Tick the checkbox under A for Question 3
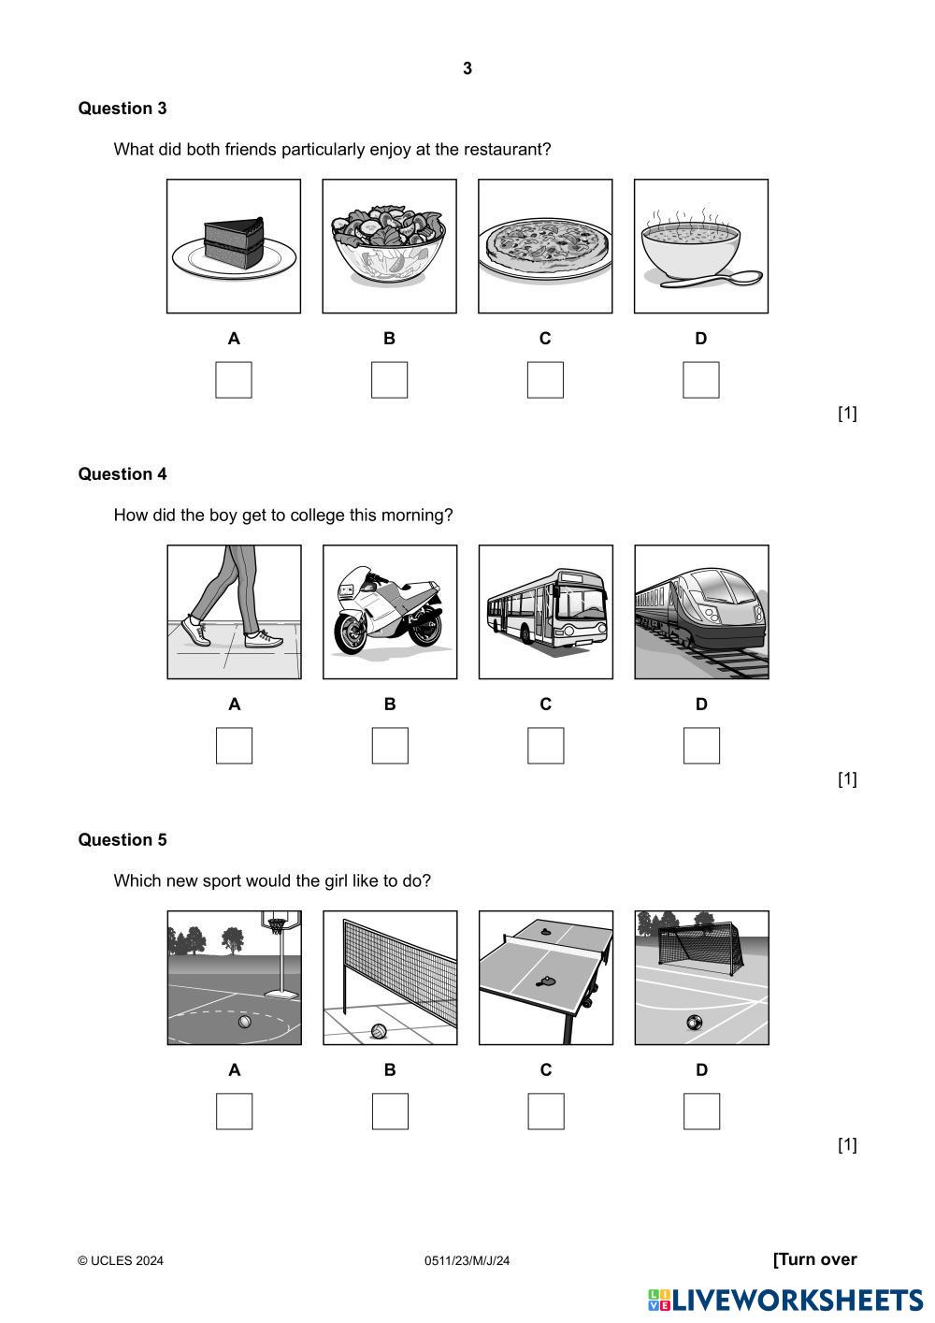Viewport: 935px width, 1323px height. coord(234,380)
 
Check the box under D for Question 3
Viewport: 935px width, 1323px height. coord(700,380)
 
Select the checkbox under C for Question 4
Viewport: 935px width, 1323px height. coord(545,746)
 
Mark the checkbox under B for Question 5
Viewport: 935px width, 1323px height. coord(390,1112)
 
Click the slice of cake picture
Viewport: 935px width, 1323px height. coord(234,246)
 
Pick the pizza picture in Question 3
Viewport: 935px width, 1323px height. coord(545,246)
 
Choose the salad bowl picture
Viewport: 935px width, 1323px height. coord(389,246)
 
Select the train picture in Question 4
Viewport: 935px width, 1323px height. coord(701,612)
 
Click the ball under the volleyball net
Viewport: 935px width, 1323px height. coord(379,1031)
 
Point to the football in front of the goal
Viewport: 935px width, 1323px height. coord(695,1022)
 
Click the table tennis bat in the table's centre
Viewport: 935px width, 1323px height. coord(544,981)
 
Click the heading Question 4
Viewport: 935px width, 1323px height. coord(122,474)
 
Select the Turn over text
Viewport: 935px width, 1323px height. coord(815,1259)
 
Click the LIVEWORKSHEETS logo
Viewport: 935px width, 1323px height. coord(785,1300)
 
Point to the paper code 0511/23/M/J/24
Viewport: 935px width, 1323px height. coord(467,1261)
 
